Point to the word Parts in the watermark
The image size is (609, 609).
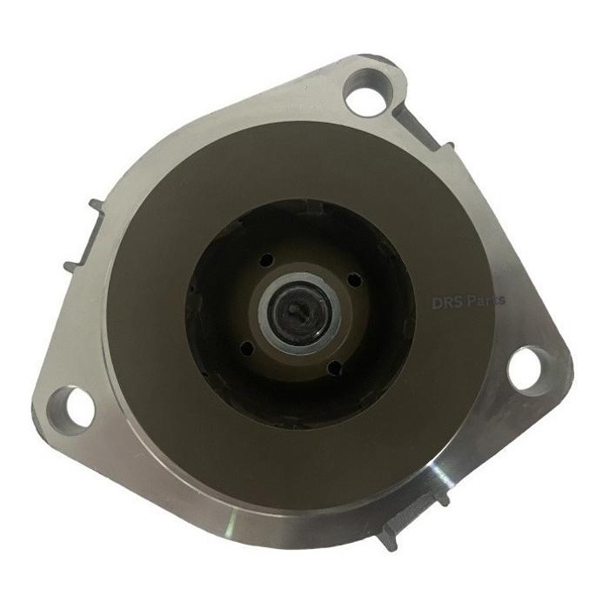pyautogui.click(x=485, y=300)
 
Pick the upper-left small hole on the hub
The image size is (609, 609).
pyautogui.click(x=267, y=260)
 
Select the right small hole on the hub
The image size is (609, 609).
pyautogui.click(x=354, y=280)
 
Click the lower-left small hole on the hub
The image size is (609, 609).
pyautogui.click(x=247, y=348)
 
